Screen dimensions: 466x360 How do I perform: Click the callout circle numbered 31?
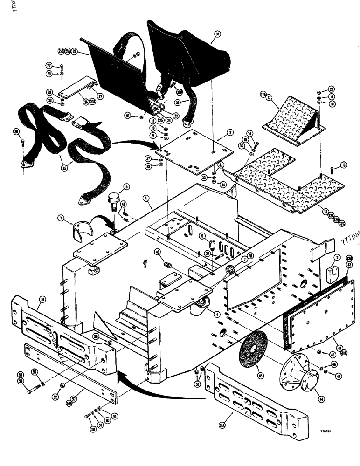217,34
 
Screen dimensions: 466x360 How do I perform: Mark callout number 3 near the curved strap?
61,217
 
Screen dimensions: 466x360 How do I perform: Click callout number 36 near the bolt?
17,132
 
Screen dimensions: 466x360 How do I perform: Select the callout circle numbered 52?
56,397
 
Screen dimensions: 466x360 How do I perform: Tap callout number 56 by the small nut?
97,334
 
